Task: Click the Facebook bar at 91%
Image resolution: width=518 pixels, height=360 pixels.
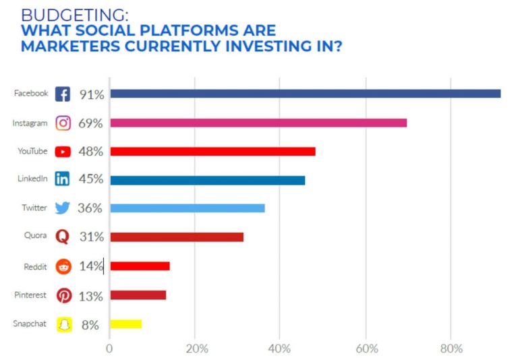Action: point(305,94)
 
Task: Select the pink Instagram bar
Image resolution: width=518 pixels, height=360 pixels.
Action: point(258,123)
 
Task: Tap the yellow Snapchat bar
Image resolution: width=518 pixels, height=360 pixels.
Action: point(125,324)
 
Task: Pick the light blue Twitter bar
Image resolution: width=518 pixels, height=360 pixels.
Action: point(188,208)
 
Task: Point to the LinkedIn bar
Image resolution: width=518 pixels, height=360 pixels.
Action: point(207,180)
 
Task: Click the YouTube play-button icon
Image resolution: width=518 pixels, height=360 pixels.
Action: point(63,152)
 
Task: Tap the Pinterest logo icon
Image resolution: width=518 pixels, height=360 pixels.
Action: point(63,296)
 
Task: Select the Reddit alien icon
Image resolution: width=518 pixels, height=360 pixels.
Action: point(63,267)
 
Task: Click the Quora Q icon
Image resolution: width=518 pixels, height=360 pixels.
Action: point(63,237)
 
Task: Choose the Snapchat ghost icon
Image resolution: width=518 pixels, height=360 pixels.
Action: point(63,324)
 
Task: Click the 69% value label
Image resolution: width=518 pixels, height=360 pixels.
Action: point(90,123)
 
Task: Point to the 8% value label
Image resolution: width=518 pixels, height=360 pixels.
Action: point(90,325)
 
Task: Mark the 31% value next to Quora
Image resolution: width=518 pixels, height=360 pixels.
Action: point(90,237)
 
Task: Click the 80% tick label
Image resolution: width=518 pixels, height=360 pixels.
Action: point(451,349)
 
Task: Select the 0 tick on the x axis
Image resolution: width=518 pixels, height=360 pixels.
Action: point(109,349)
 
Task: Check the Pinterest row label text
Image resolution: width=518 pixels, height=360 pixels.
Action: point(30,295)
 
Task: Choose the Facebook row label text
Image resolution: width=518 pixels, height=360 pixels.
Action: point(31,93)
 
